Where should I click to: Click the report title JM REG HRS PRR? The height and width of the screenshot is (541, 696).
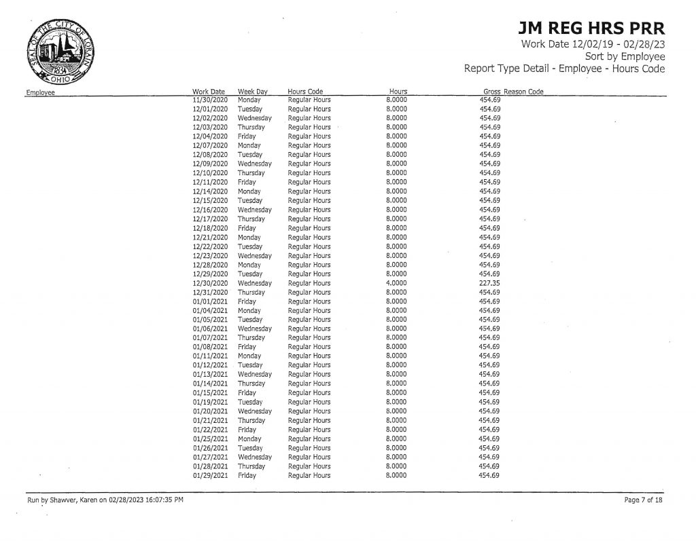click(x=591, y=29)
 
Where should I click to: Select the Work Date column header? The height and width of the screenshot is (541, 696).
click(x=209, y=92)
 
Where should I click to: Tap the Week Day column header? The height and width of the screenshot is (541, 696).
click(x=251, y=92)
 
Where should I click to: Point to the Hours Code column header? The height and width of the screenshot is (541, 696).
click(x=305, y=92)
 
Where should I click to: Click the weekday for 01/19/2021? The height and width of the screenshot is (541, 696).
click(x=249, y=403)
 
